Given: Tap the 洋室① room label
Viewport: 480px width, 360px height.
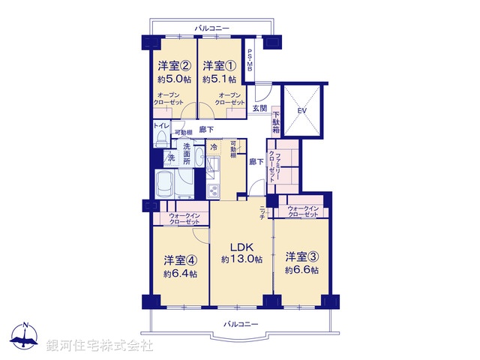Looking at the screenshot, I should tap(219, 65).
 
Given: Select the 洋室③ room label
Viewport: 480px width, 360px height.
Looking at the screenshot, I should tap(301, 256).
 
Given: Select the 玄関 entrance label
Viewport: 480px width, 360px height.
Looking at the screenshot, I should tap(259, 109).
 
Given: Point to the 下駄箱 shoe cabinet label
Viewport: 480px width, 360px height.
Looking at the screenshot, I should tap(276, 121).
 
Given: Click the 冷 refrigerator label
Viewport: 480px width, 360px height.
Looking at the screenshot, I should tap(214, 147).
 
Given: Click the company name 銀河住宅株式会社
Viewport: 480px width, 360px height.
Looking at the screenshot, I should tap(100, 346).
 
